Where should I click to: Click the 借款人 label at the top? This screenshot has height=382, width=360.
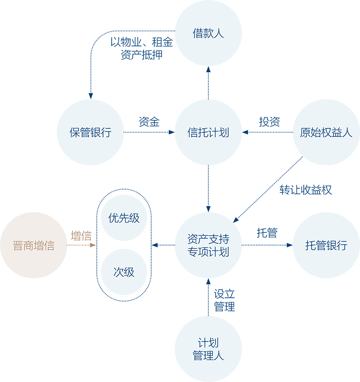pos(208,34)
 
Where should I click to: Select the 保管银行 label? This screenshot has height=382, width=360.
pos(90,133)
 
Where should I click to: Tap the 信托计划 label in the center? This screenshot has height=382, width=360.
pos(208,133)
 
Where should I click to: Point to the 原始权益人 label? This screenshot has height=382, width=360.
pos(326,133)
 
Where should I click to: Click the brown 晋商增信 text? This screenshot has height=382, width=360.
pos(34,246)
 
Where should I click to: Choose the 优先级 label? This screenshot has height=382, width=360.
pos(124,218)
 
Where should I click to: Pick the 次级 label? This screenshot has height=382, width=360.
pos(124,272)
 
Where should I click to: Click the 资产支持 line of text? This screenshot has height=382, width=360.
pos(208,239)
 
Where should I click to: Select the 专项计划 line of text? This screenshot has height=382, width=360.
pos(208,252)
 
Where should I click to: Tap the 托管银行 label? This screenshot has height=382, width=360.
pos(326,246)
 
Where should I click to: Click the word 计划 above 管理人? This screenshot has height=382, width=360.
pos(208,343)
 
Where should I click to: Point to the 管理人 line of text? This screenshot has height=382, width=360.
pos(208,356)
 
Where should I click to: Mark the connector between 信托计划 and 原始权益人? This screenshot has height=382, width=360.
pos(265,133)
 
